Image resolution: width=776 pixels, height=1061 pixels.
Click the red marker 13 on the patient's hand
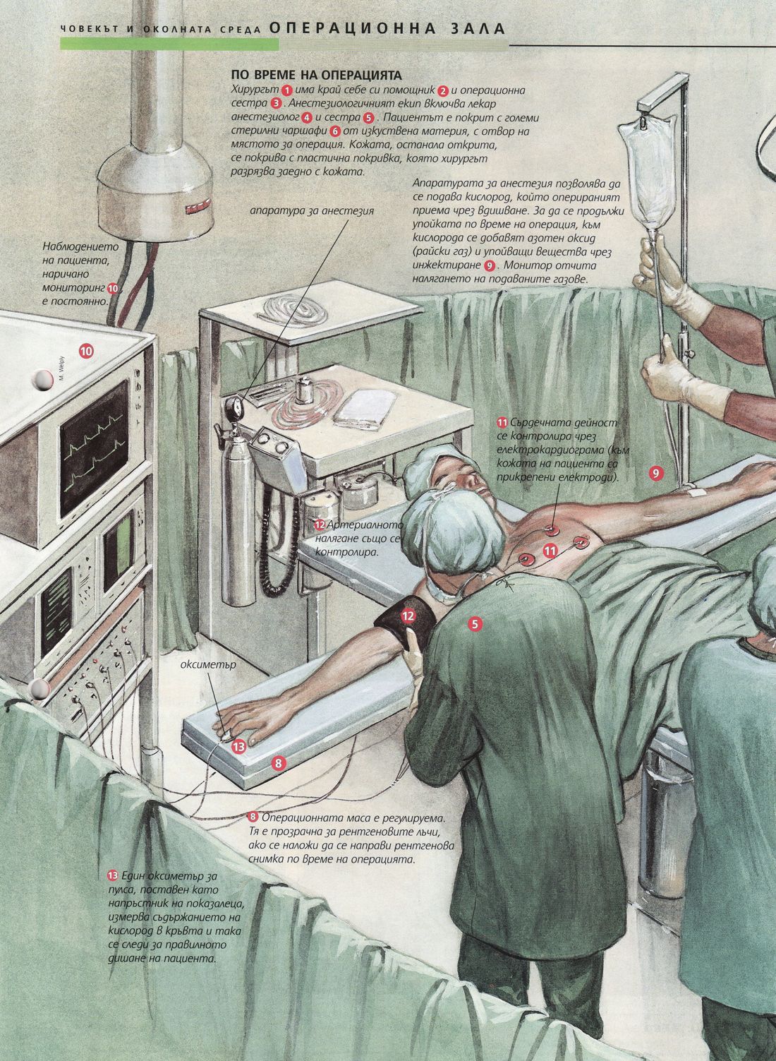[x=239, y=747]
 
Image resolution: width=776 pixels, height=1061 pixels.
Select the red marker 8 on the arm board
[x=279, y=763]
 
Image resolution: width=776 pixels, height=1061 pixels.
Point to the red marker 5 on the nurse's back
[x=475, y=624]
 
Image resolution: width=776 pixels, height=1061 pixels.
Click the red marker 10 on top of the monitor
[x=86, y=351]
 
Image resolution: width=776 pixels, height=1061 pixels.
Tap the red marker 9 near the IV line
[x=655, y=472]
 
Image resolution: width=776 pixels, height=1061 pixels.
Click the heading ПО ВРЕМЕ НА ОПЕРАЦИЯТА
[x=316, y=75]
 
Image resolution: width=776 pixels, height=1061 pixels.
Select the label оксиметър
[x=208, y=665]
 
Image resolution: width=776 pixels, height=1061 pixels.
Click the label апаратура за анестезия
[x=312, y=210]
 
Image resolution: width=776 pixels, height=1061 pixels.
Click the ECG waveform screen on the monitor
[x=94, y=447]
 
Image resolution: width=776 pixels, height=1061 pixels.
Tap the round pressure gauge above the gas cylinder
[x=233, y=407]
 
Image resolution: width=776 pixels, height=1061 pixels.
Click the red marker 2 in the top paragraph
[x=443, y=90]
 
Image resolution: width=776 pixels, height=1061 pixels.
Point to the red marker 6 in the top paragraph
[x=335, y=131]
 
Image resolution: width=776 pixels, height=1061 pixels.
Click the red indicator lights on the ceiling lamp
[x=198, y=207]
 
